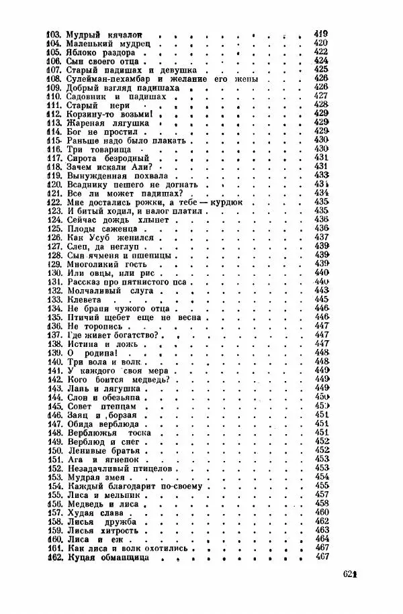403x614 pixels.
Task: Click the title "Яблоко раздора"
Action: click(101, 51)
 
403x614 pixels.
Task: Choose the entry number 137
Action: click(53, 334)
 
